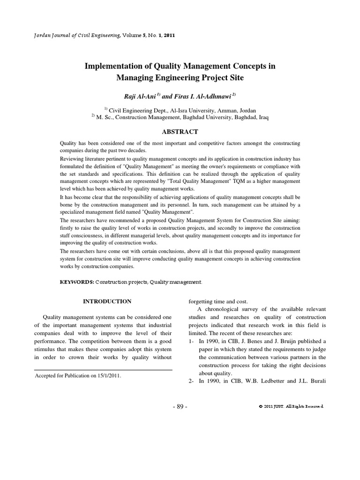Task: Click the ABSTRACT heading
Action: [x=180, y=132]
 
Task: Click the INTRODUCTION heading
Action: [x=107, y=301]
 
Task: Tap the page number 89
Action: [x=180, y=406]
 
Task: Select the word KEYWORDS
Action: [x=77, y=282]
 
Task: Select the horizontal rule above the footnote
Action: [x=104, y=370]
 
